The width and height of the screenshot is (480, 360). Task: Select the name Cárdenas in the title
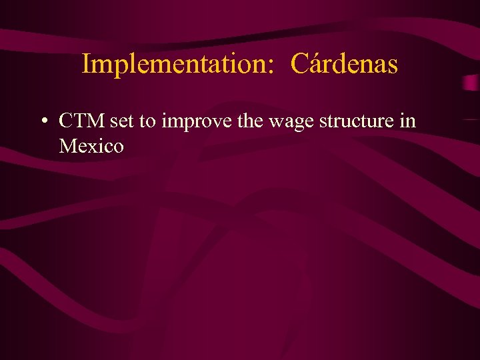coord(345,65)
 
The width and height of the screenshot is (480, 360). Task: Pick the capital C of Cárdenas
coord(299,65)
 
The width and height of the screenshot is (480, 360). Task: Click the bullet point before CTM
coord(42,122)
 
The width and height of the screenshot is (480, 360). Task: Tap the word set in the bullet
coord(123,122)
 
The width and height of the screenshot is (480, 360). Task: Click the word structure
coord(356,122)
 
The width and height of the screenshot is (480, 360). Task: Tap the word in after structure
coord(408,121)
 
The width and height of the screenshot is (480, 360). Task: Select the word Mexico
coord(91,145)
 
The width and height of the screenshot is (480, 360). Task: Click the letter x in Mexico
coord(95,146)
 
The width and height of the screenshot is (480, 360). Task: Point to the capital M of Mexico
coord(68,145)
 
